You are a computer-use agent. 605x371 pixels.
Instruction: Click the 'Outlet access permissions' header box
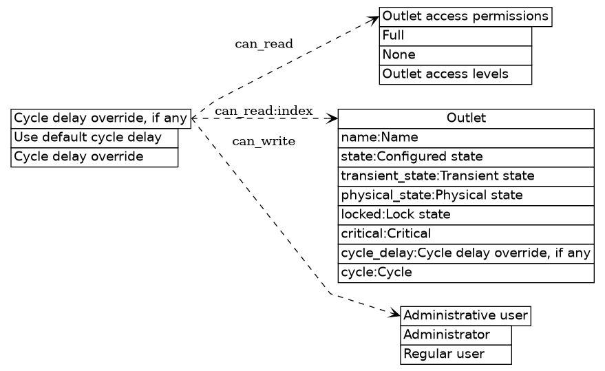click(465, 17)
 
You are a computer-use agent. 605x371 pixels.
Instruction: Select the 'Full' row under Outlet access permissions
click(455, 36)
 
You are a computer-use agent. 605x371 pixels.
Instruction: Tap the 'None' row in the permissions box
click(455, 55)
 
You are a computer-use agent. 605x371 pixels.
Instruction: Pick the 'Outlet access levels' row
click(455, 74)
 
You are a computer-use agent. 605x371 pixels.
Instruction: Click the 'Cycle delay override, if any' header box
click(100, 118)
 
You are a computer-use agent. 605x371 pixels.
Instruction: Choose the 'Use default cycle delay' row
click(94, 138)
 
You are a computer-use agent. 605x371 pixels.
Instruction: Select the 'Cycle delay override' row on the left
click(94, 157)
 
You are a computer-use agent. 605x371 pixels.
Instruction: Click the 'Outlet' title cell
click(465, 118)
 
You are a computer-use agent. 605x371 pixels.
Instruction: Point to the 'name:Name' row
click(465, 138)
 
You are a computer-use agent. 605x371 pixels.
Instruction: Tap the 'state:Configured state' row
click(465, 157)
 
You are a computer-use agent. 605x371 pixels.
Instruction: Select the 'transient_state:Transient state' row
click(465, 176)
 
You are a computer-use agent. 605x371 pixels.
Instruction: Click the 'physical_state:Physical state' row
click(465, 195)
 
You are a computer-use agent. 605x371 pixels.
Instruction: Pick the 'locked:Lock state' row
click(465, 215)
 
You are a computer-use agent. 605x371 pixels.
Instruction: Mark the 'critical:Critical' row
click(465, 234)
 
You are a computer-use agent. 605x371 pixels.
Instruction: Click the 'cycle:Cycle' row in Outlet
click(465, 273)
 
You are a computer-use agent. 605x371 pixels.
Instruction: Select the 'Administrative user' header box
click(465, 316)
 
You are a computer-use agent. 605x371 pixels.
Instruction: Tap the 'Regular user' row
click(456, 354)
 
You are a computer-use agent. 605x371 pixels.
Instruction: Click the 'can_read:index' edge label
click(264, 112)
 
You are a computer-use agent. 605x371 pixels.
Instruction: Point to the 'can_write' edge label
click(264, 142)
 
